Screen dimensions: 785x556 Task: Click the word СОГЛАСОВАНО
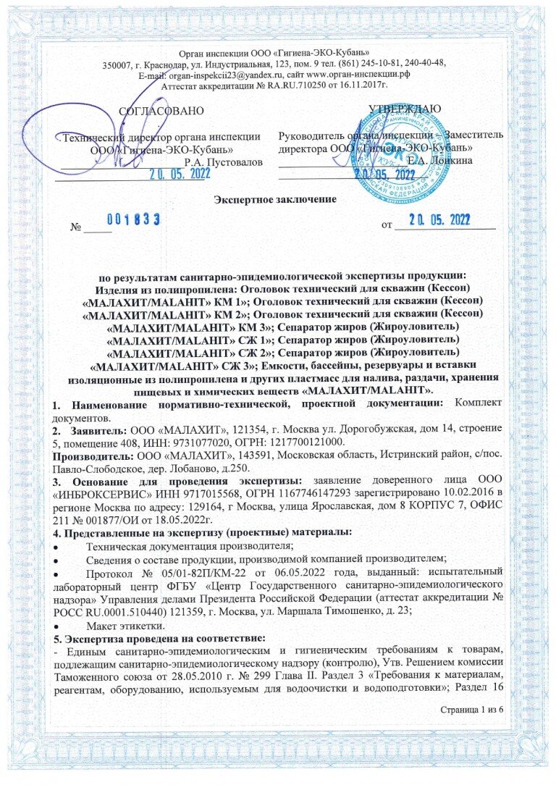click(x=161, y=110)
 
